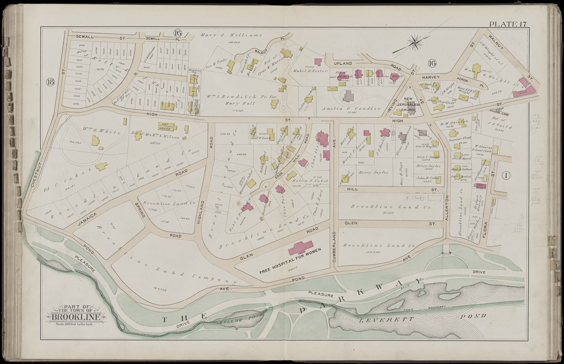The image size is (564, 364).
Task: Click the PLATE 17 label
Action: [508, 24]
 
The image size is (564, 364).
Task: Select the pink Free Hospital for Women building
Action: [300, 248]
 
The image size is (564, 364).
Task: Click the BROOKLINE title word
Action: [76, 317]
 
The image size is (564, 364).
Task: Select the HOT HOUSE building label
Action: [167, 126]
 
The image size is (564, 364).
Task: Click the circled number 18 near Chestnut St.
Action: [50, 82]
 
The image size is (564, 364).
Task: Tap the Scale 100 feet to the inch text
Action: [76, 324]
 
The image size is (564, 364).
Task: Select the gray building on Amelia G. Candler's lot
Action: [349, 96]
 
